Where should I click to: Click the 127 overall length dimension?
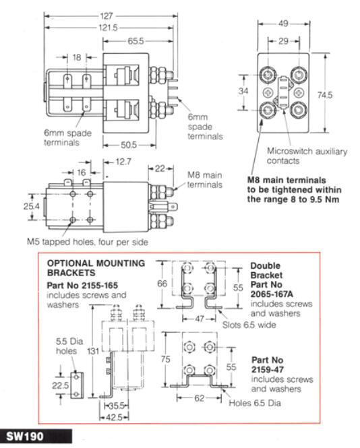pyautogui.click(x=106, y=16)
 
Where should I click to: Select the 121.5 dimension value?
pyautogui.click(x=108, y=28)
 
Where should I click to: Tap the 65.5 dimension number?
pyautogui.click(x=136, y=41)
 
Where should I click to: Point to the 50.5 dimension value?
pyautogui.click(x=129, y=145)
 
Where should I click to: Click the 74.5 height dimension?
pyautogui.click(x=325, y=95)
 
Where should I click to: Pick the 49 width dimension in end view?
pyautogui.click(x=283, y=24)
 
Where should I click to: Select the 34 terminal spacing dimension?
pyautogui.click(x=243, y=91)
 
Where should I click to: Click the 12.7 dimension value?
pyautogui.click(x=123, y=162)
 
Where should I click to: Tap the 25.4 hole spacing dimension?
pyautogui.click(x=32, y=206)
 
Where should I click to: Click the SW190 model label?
pyautogui.click(x=25, y=437)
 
